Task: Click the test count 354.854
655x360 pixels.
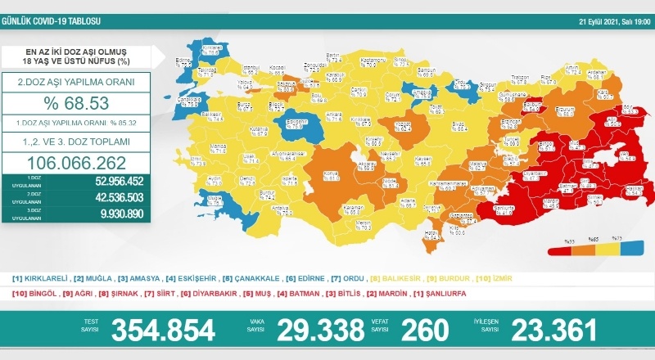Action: [163, 331]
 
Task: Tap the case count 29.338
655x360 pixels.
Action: [320, 331]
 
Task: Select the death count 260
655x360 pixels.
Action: [425, 331]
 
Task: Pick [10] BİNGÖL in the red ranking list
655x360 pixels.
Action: [34, 293]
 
